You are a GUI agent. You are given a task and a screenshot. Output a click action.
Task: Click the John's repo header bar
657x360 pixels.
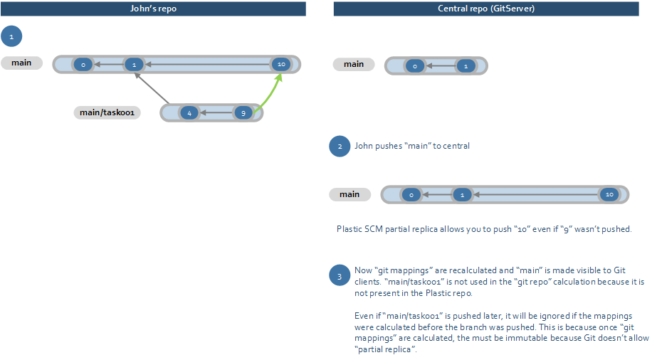pos(153,9)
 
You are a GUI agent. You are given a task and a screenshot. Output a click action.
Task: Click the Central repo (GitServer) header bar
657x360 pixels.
pos(486,9)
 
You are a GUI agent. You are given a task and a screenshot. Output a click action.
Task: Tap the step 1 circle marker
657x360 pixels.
pos(11,36)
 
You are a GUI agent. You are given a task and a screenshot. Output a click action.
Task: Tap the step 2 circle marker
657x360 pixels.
pos(340,146)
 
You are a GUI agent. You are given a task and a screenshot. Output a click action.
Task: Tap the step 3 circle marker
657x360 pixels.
pos(340,275)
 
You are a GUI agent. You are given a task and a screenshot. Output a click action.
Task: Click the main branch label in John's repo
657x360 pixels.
pos(21,63)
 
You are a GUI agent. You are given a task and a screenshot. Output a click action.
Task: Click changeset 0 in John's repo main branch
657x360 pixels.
pos(83,65)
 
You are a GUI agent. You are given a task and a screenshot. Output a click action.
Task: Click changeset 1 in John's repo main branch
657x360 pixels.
pos(134,65)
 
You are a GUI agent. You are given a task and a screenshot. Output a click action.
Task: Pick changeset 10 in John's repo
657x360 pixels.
pos(281,65)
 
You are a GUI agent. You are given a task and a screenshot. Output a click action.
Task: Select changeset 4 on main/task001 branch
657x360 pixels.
pos(189,113)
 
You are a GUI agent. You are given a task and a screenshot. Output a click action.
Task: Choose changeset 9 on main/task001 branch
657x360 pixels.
pos(243,113)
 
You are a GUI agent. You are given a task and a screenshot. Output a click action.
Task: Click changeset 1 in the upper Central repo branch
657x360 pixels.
pos(466,66)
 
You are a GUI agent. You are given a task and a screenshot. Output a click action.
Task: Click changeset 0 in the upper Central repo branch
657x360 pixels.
pos(414,66)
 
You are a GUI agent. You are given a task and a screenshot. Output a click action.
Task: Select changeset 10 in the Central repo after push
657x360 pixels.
pos(608,194)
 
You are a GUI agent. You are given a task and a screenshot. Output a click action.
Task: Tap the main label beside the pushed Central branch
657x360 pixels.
pos(349,194)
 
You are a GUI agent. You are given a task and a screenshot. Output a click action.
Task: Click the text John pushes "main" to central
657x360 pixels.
pos(412,146)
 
